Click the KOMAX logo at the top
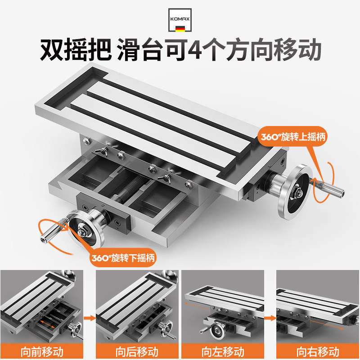180,20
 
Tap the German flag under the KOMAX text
180,29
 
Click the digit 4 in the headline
195,50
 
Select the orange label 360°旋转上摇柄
293,137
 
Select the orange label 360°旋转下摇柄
123,258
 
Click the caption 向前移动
42,352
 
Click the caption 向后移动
137,352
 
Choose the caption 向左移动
223,352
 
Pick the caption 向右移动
318,352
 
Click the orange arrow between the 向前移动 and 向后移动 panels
90,318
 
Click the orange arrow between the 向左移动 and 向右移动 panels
270,318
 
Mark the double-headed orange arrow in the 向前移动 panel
48,324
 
